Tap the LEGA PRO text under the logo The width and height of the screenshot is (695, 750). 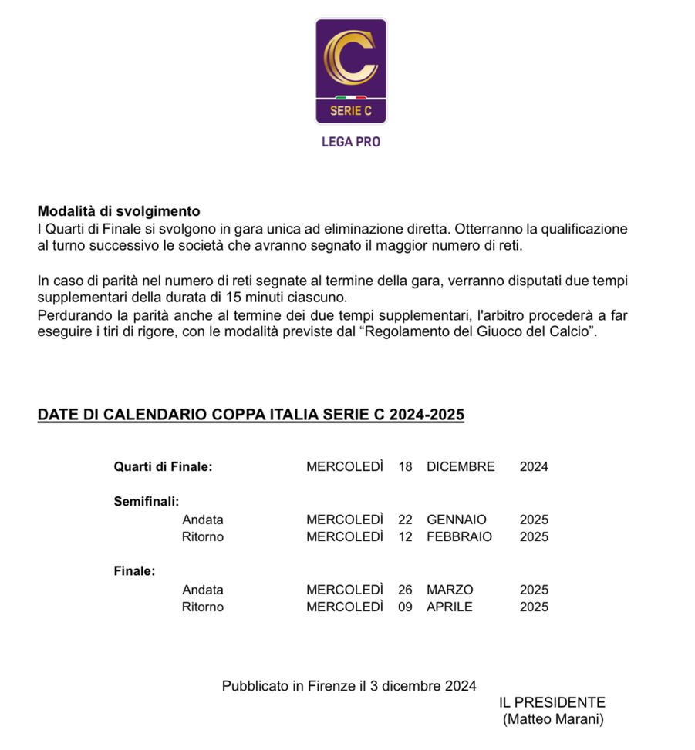(x=350, y=142)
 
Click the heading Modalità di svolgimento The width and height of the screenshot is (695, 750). (x=119, y=211)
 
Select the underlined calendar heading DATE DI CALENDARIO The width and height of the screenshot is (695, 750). (x=251, y=415)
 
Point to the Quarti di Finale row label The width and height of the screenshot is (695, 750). (x=163, y=466)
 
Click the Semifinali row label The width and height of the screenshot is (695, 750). (x=147, y=502)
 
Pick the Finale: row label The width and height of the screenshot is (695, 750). (x=134, y=572)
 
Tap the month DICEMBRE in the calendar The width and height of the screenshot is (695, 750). (x=461, y=466)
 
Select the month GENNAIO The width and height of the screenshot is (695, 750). (x=457, y=520)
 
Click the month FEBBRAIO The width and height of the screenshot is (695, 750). (x=459, y=536)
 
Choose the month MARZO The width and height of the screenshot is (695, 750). (x=450, y=590)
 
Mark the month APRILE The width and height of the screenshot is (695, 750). (x=450, y=607)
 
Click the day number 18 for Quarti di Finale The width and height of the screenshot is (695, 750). (x=406, y=466)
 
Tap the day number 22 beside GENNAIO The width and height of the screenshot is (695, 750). (x=406, y=520)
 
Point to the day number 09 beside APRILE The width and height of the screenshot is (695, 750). (x=406, y=607)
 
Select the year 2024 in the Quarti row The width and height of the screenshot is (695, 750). (x=534, y=466)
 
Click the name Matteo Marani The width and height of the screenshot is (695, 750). (x=552, y=719)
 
